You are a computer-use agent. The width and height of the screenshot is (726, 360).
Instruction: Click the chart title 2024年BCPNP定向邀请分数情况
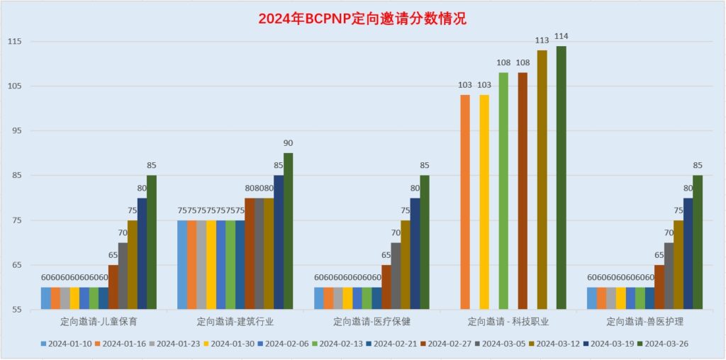[362, 19]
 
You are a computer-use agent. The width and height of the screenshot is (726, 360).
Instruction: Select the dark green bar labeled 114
[562, 177]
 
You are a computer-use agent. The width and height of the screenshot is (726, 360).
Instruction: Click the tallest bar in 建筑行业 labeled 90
[288, 231]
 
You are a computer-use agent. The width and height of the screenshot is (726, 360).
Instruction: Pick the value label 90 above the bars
[288, 143]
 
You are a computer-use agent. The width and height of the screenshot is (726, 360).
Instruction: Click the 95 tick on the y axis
[16, 131]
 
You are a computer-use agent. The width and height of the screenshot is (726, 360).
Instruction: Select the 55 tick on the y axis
[16, 310]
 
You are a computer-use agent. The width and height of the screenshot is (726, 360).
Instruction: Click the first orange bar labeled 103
[465, 202]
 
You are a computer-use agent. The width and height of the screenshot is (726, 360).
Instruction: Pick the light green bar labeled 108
[503, 191]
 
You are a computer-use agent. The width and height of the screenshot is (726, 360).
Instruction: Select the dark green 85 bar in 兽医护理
[698, 242]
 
